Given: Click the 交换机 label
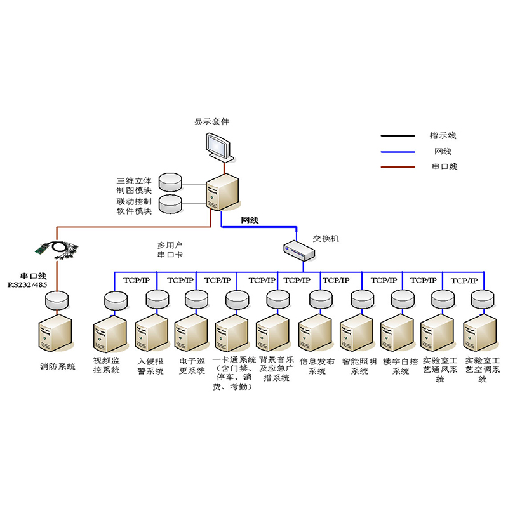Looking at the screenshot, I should (x=326, y=239).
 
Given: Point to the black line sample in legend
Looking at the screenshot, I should (x=397, y=136).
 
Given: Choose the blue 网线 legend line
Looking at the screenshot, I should (x=397, y=151).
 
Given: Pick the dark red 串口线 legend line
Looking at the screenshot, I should (x=397, y=167).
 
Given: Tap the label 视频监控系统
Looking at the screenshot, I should (x=106, y=366).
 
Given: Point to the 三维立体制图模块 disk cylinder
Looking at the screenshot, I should (x=170, y=182).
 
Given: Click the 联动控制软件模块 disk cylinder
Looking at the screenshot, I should (x=170, y=203).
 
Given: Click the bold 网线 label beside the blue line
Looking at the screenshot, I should (x=250, y=220).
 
